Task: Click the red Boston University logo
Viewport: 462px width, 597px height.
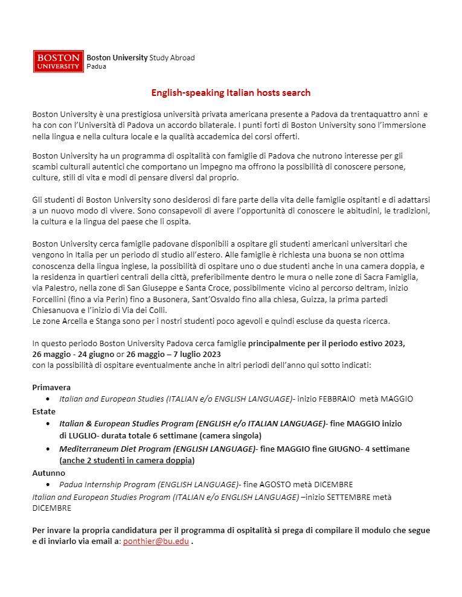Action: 59,61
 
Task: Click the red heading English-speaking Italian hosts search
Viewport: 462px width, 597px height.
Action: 231,93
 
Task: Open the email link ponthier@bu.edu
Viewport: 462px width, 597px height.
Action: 156,542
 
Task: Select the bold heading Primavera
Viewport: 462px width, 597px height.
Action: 51,387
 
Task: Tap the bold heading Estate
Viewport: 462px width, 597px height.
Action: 43,411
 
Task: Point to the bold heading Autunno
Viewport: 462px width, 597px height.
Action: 48,473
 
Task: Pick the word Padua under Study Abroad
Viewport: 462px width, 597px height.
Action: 97,66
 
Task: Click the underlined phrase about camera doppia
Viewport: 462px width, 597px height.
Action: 127,461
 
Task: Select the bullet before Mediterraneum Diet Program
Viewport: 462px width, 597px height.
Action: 48,449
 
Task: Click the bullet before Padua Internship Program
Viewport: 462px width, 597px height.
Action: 48,484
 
